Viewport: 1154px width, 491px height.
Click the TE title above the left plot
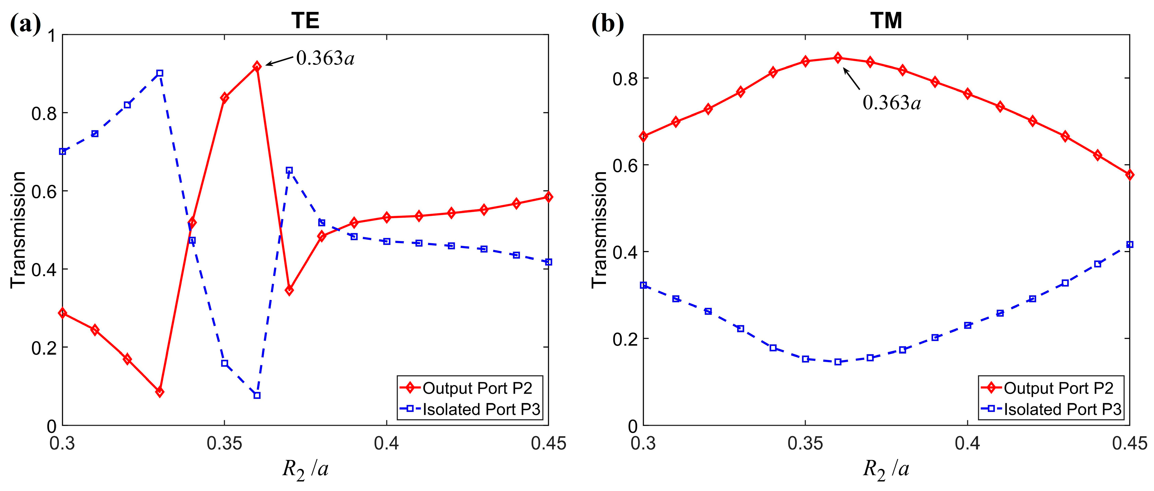pyautogui.click(x=305, y=21)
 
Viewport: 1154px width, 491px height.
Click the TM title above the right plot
pyautogui.click(x=886, y=21)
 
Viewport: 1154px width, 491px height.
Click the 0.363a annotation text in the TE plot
pyautogui.click(x=325, y=58)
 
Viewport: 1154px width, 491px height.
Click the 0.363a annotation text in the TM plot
pyautogui.click(x=891, y=103)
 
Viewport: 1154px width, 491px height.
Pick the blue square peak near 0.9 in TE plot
pyautogui.click(x=159, y=73)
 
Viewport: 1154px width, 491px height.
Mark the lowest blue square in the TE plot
pyautogui.click(x=257, y=396)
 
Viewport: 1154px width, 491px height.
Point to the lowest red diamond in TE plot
pyautogui.click(x=159, y=392)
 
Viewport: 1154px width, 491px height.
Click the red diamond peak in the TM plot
pyautogui.click(x=838, y=58)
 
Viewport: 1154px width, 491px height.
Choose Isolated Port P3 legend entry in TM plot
pyautogui.click(x=1063, y=409)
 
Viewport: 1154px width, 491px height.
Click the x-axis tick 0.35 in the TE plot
pyautogui.click(x=224, y=444)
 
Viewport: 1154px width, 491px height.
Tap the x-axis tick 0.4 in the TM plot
pyautogui.click(x=967, y=444)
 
